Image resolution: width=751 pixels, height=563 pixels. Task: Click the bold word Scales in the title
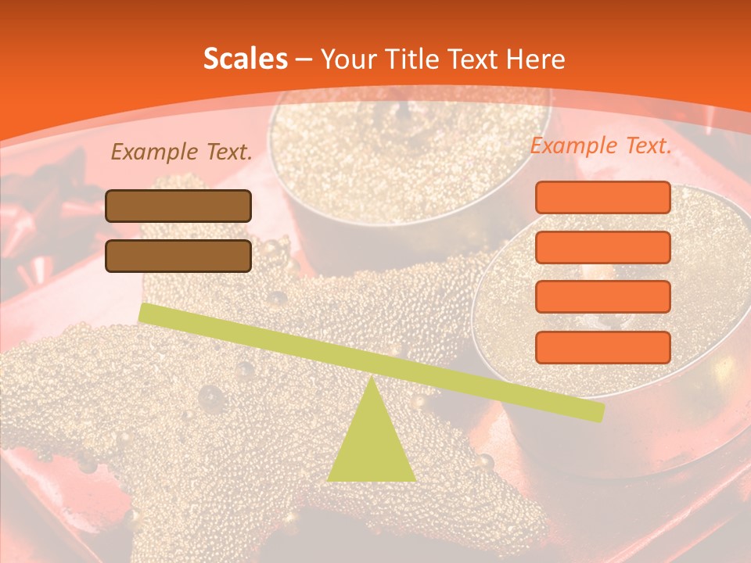coord(246,59)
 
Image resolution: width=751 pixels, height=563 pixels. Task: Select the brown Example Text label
coord(181,152)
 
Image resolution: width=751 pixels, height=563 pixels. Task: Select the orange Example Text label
coord(601,145)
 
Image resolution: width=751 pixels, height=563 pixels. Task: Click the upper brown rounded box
coord(178,206)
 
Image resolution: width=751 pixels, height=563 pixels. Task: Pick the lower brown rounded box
coord(178,256)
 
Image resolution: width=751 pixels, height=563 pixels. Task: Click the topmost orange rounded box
coord(602,197)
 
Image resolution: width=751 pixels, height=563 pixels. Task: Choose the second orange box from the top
coord(602,247)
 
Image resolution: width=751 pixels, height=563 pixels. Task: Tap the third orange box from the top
coord(602,297)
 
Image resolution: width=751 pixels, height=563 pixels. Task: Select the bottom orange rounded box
coord(602,347)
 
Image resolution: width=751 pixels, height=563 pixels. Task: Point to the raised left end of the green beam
coord(145,312)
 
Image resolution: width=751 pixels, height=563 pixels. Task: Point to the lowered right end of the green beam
coord(598,412)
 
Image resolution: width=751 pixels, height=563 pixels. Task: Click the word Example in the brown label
coord(155,152)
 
